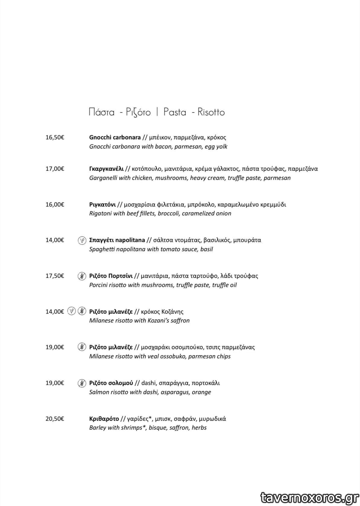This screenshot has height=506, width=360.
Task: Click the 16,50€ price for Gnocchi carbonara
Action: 55,138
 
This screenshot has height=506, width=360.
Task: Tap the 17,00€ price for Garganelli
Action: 55,169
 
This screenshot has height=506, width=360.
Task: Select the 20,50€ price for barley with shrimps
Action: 55,419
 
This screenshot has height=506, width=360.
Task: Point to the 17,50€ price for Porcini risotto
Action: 55,276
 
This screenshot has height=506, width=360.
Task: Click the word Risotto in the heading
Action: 211,112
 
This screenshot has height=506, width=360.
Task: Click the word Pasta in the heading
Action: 175,112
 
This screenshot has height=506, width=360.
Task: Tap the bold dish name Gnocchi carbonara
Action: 115,138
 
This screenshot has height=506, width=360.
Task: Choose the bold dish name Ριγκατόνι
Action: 102,205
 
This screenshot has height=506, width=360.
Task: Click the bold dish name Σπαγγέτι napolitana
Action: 117,240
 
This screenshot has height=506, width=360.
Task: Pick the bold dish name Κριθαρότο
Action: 104,419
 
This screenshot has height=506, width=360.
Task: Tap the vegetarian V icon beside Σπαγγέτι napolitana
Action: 82,240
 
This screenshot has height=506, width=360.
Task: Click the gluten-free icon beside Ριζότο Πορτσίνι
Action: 82,276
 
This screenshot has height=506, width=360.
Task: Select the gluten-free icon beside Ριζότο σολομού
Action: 82,383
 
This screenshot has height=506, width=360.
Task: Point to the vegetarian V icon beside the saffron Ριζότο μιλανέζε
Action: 71,311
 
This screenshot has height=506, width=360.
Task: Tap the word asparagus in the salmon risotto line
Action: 175,392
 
